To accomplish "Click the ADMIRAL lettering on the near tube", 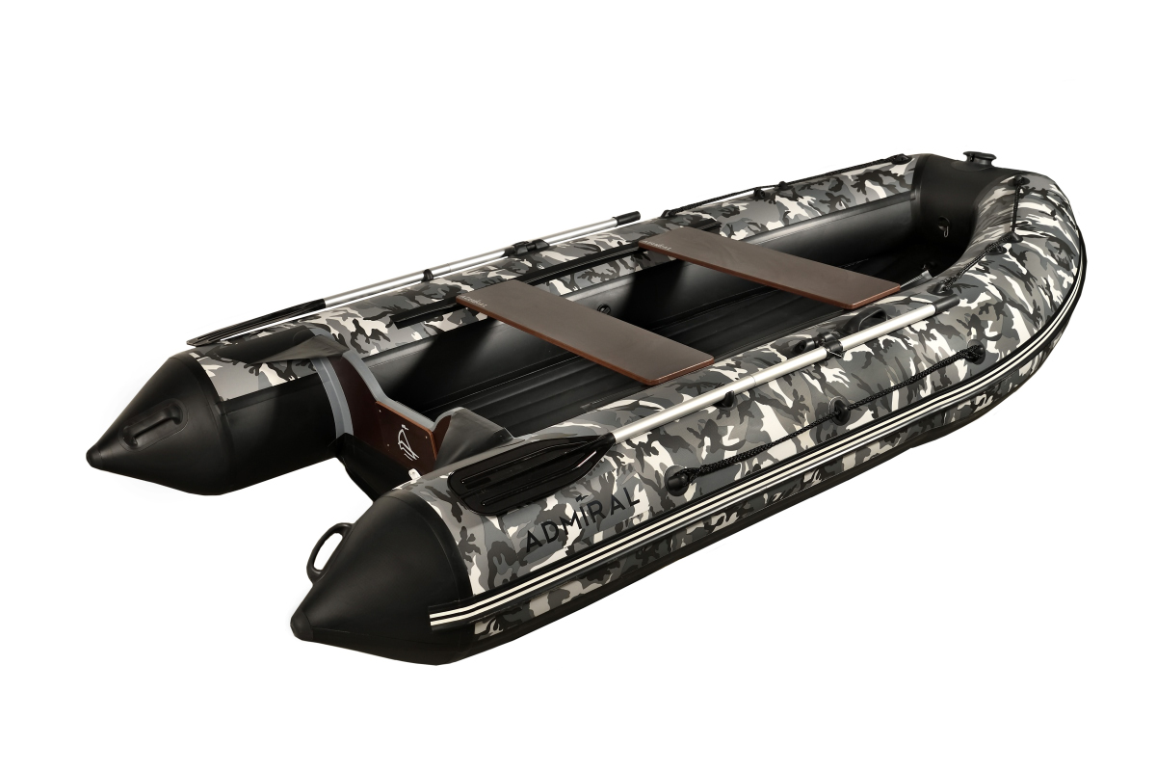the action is pyautogui.click(x=582, y=519).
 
